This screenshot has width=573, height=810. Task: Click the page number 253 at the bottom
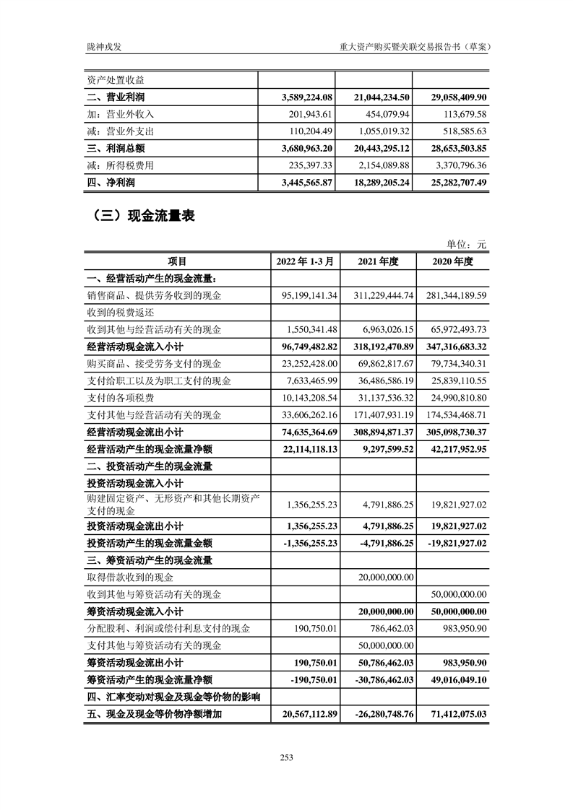click(x=286, y=757)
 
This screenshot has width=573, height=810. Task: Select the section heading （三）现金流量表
click(x=141, y=215)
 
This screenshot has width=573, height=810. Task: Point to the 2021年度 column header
click(x=378, y=262)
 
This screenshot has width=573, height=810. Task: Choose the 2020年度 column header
click(x=452, y=262)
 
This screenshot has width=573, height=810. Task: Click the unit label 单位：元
click(x=468, y=245)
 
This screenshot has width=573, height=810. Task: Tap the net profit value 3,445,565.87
click(x=304, y=183)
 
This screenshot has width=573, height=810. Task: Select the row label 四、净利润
click(x=111, y=183)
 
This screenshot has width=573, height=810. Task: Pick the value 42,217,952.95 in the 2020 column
click(x=452, y=449)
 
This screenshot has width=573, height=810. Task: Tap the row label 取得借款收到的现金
click(x=130, y=577)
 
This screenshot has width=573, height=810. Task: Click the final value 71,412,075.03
click(x=452, y=714)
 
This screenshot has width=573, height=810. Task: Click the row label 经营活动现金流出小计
click(x=134, y=432)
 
